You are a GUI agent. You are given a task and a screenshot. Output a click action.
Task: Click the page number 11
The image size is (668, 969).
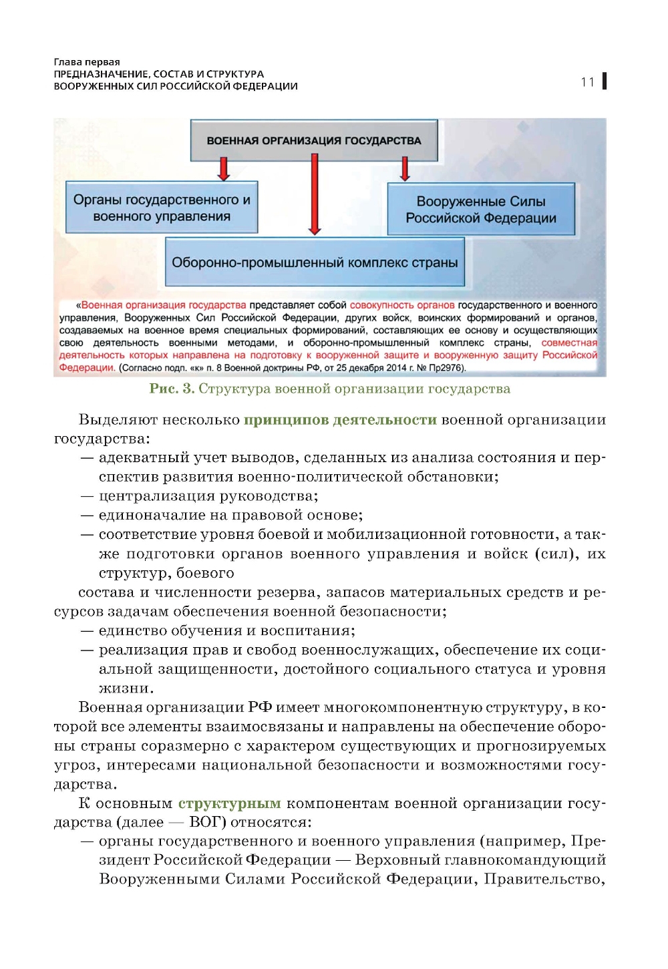587,82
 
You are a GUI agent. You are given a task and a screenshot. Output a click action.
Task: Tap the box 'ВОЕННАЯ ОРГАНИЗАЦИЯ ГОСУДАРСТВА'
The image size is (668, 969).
314,140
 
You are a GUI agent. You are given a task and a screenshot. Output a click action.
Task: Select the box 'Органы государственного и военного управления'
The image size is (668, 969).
162,208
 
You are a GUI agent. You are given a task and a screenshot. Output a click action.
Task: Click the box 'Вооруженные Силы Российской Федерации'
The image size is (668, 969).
481,209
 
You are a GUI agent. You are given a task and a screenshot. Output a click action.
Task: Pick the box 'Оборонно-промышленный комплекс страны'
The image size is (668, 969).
315,262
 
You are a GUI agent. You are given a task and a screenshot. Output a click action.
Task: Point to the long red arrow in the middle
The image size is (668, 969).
315,194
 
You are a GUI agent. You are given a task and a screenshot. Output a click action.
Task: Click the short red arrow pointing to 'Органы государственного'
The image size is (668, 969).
224,169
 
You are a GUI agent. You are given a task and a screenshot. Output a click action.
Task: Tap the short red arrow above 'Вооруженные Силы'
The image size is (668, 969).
405,169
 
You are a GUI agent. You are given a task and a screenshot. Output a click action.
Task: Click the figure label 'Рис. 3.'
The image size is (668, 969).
172,389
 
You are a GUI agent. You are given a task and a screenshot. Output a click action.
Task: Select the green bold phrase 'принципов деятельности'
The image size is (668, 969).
340,420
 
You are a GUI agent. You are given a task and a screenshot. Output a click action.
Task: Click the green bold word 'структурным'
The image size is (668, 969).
229,803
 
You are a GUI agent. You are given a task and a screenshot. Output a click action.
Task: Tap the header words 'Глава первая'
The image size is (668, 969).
87,62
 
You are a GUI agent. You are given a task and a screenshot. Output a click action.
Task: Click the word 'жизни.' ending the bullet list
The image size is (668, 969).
126,689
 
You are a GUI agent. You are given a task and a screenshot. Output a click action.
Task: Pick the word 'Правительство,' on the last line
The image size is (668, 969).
544,880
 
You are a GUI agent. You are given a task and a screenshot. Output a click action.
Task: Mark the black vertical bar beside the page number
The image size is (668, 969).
604,81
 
